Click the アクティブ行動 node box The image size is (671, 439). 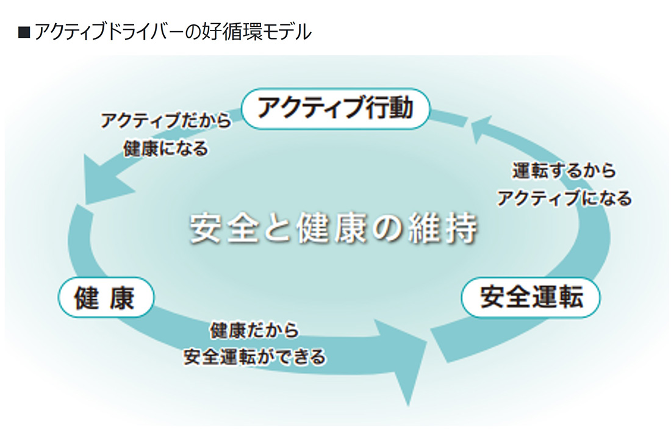point(335,109)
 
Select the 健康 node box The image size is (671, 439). point(106,298)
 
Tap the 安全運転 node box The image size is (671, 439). point(531,298)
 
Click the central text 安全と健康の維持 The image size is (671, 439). point(333,227)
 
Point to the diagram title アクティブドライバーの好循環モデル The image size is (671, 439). point(173,32)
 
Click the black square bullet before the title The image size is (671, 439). point(24,33)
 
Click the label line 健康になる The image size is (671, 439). point(165,149)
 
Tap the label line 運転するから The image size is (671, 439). point(564,171)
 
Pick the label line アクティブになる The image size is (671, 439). point(564,198)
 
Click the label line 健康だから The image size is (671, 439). point(254,330)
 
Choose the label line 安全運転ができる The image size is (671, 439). point(254,357)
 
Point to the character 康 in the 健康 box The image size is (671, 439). point(123,298)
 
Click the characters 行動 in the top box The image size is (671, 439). point(390,109)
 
